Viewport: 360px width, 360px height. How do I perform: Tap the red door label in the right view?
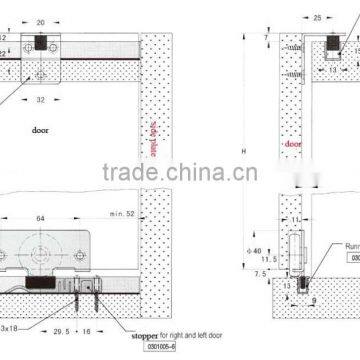pos(293,142)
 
